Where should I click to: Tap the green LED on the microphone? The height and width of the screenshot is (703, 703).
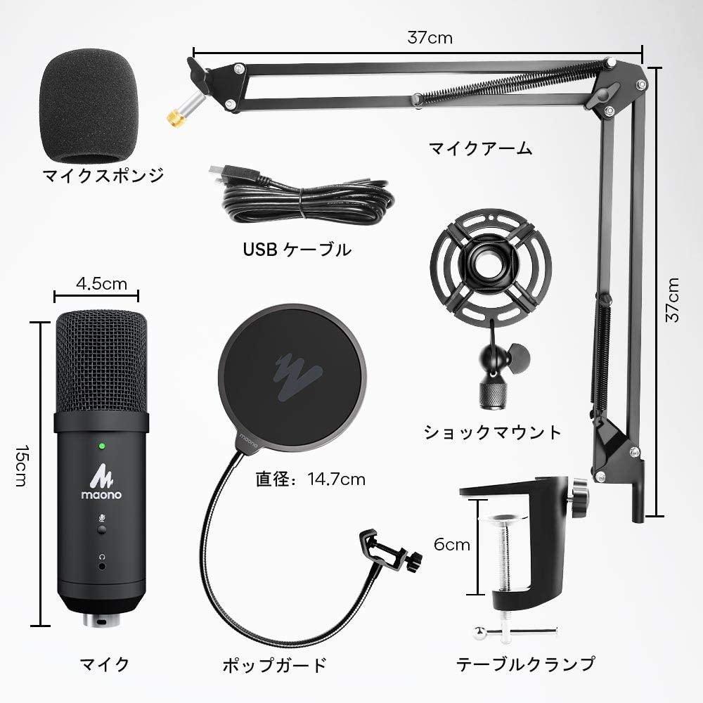(x=102, y=446)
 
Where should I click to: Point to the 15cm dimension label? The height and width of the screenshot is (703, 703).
(x=21, y=466)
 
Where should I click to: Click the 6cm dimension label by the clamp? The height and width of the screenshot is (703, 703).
(x=452, y=544)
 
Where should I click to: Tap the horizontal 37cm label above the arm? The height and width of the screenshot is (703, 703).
(x=430, y=38)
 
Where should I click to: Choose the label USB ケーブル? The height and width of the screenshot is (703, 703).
(x=297, y=250)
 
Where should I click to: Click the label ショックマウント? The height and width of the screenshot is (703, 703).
(x=492, y=432)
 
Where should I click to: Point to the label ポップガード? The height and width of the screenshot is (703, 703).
(x=274, y=664)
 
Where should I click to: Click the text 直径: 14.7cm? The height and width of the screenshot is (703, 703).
(x=310, y=479)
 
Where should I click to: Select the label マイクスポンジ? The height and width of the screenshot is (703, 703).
(x=103, y=176)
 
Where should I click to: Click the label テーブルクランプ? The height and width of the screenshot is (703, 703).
(x=526, y=664)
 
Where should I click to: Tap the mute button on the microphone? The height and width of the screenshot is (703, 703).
(x=102, y=530)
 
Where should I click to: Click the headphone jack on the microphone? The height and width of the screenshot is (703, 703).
(x=102, y=566)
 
